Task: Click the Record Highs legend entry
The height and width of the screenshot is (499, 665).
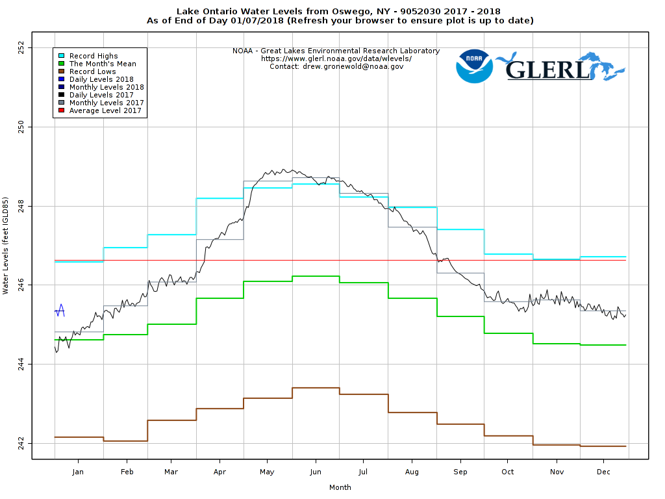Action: click(94, 56)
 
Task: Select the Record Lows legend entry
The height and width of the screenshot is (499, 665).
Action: click(92, 71)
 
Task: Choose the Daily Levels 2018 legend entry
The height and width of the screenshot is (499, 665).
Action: click(101, 79)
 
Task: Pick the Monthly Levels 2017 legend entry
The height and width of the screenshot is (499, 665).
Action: click(107, 103)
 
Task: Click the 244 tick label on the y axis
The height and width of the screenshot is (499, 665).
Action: click(21, 365)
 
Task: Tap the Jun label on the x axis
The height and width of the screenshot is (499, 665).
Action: click(316, 472)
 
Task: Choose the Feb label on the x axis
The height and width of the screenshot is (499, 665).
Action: click(127, 472)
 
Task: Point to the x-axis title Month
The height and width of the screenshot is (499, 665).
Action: click(340, 487)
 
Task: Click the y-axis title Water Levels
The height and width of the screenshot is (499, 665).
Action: click(6, 246)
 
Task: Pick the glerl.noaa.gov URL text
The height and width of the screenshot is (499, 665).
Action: click(336, 58)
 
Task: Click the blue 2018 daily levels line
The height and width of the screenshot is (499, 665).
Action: click(60, 311)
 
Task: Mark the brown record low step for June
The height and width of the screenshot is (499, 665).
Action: click(316, 388)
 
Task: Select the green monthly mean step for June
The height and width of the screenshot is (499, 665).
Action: click(316, 276)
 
